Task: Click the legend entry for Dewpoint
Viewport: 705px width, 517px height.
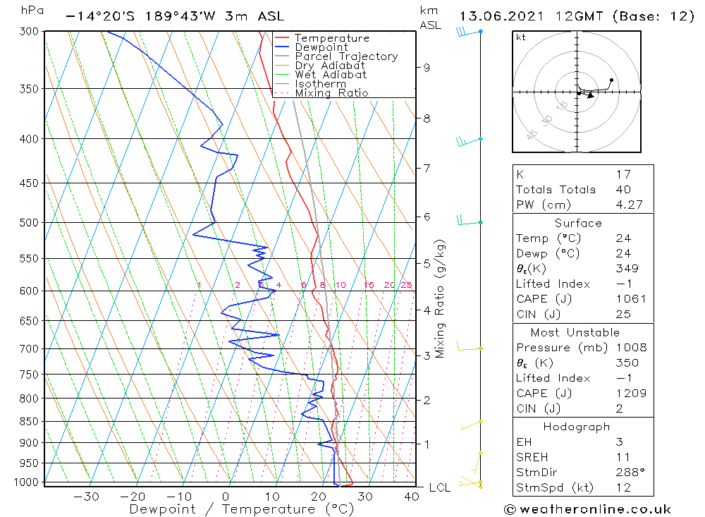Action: [x=321, y=47]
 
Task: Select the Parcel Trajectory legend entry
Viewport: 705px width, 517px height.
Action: [x=346, y=56]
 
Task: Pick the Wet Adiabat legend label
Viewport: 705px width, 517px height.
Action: [x=331, y=75]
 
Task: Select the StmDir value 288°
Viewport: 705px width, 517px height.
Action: [x=626, y=471]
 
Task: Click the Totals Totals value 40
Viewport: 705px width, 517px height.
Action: [x=623, y=190]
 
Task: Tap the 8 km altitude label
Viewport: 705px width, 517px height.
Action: [x=427, y=118]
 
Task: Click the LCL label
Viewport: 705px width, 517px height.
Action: [x=440, y=487]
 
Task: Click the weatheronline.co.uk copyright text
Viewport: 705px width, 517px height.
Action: [x=587, y=509]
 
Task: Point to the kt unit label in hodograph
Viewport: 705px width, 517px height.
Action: [x=521, y=37]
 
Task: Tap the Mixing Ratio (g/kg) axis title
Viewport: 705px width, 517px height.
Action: [x=441, y=298]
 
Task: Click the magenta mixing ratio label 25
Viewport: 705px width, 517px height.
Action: [x=406, y=285]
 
